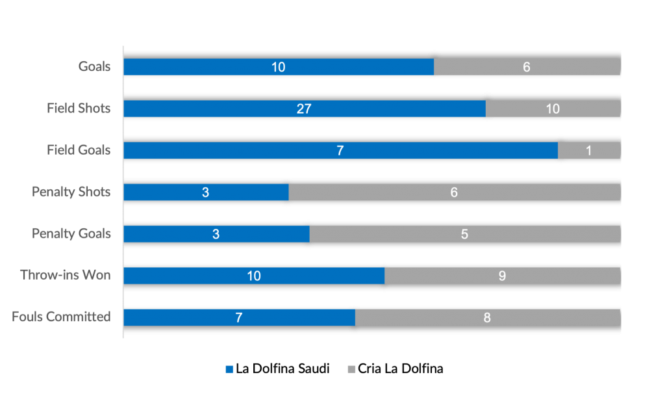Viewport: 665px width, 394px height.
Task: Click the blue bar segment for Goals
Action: pos(279,67)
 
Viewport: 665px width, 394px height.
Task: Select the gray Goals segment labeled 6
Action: pos(527,67)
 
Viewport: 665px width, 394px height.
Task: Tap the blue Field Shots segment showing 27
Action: pos(304,109)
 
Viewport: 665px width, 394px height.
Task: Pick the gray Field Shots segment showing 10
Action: pos(553,109)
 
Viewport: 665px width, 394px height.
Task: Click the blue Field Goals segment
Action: pos(340,150)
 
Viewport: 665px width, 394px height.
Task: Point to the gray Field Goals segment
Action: pos(589,150)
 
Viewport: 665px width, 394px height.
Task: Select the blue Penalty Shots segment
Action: pos(206,192)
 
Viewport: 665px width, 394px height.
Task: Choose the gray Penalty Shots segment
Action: pos(454,192)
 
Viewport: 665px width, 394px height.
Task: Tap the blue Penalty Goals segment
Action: pos(216,233)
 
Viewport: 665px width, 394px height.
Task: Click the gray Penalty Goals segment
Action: pos(464,233)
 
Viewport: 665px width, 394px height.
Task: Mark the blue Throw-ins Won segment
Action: pos(254,276)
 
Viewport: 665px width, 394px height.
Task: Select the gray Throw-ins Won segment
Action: pos(502,276)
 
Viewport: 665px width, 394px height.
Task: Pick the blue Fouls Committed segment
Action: pos(239,317)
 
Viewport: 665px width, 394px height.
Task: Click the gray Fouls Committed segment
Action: pos(487,317)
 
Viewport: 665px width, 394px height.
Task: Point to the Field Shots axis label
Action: pos(79,109)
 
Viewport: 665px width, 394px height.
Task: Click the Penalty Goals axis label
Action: pos(71,233)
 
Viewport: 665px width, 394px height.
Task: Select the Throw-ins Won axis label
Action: pos(66,275)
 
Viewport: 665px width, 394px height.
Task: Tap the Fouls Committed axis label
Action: pos(61,317)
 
